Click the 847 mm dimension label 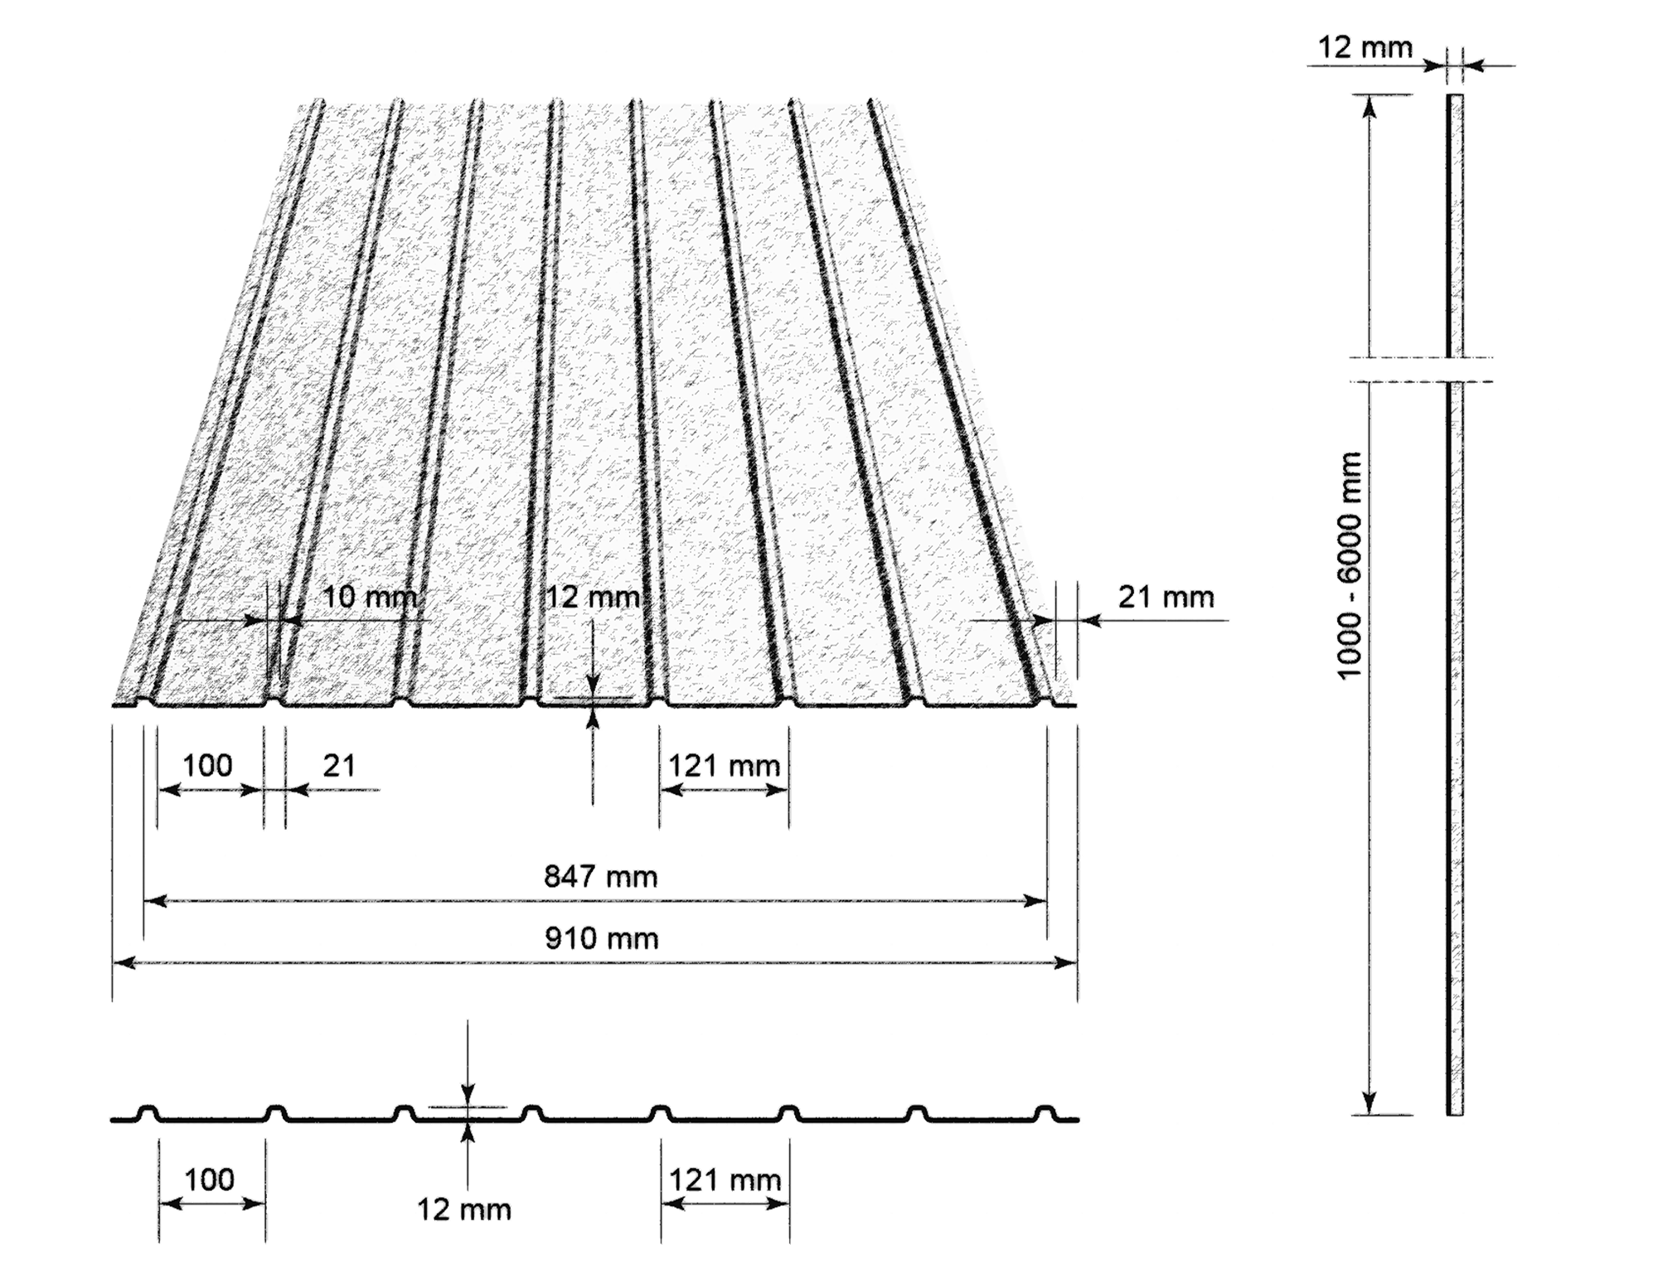click(600, 876)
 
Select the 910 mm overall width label click(601, 938)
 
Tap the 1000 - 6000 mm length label click(1350, 565)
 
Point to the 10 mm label click(369, 596)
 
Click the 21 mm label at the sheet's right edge click(1166, 596)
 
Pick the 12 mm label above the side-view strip click(1365, 46)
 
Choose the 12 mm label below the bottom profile click(463, 1210)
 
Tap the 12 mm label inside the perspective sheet click(592, 597)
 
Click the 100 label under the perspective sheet click(207, 765)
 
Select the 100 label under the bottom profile click(209, 1179)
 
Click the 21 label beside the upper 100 click(339, 765)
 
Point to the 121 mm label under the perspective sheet click(724, 765)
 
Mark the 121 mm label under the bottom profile click(725, 1179)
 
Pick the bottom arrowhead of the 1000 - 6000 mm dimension click(1370, 1102)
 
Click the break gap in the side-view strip click(1455, 370)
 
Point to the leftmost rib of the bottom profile click(148, 1112)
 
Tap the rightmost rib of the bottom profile click(1045, 1112)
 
